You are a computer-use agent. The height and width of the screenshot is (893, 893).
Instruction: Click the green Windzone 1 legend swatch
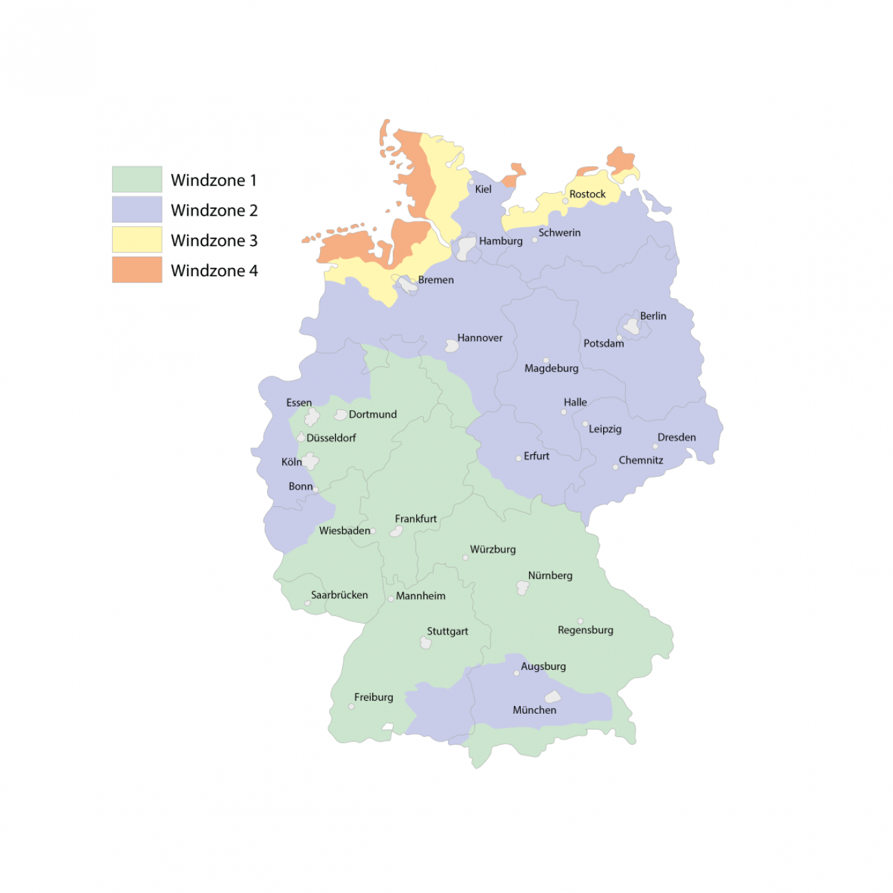[137, 179]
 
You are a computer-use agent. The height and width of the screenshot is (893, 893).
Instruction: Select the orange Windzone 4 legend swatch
[137, 270]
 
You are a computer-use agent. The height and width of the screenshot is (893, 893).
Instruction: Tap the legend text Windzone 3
[214, 240]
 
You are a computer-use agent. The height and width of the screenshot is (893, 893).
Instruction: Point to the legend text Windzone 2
[214, 210]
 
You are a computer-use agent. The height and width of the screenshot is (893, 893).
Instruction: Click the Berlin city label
[653, 316]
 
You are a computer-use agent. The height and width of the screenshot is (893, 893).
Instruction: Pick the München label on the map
[534, 710]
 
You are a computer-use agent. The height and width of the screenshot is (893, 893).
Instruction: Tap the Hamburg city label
[501, 241]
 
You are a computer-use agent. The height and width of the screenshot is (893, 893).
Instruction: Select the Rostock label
[587, 194]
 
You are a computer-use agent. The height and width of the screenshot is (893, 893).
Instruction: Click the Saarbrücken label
[339, 595]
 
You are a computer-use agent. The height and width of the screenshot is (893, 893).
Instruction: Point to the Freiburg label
[374, 697]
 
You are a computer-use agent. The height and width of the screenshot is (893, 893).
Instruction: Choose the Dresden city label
[676, 438]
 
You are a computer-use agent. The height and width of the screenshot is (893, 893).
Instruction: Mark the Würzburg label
[493, 550]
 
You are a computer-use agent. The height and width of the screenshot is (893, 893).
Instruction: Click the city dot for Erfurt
[519, 458]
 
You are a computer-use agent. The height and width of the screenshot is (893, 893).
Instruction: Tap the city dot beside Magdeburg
[546, 360]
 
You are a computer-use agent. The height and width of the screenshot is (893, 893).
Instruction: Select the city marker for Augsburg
[517, 673]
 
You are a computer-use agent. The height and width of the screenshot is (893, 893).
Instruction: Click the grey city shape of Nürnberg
[523, 588]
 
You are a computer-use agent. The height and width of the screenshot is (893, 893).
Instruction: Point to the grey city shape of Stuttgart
[426, 643]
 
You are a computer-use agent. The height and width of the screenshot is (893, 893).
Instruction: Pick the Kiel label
[483, 190]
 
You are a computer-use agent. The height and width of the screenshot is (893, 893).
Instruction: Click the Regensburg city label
[585, 630]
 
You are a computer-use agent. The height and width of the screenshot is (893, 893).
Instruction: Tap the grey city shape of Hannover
[451, 346]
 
